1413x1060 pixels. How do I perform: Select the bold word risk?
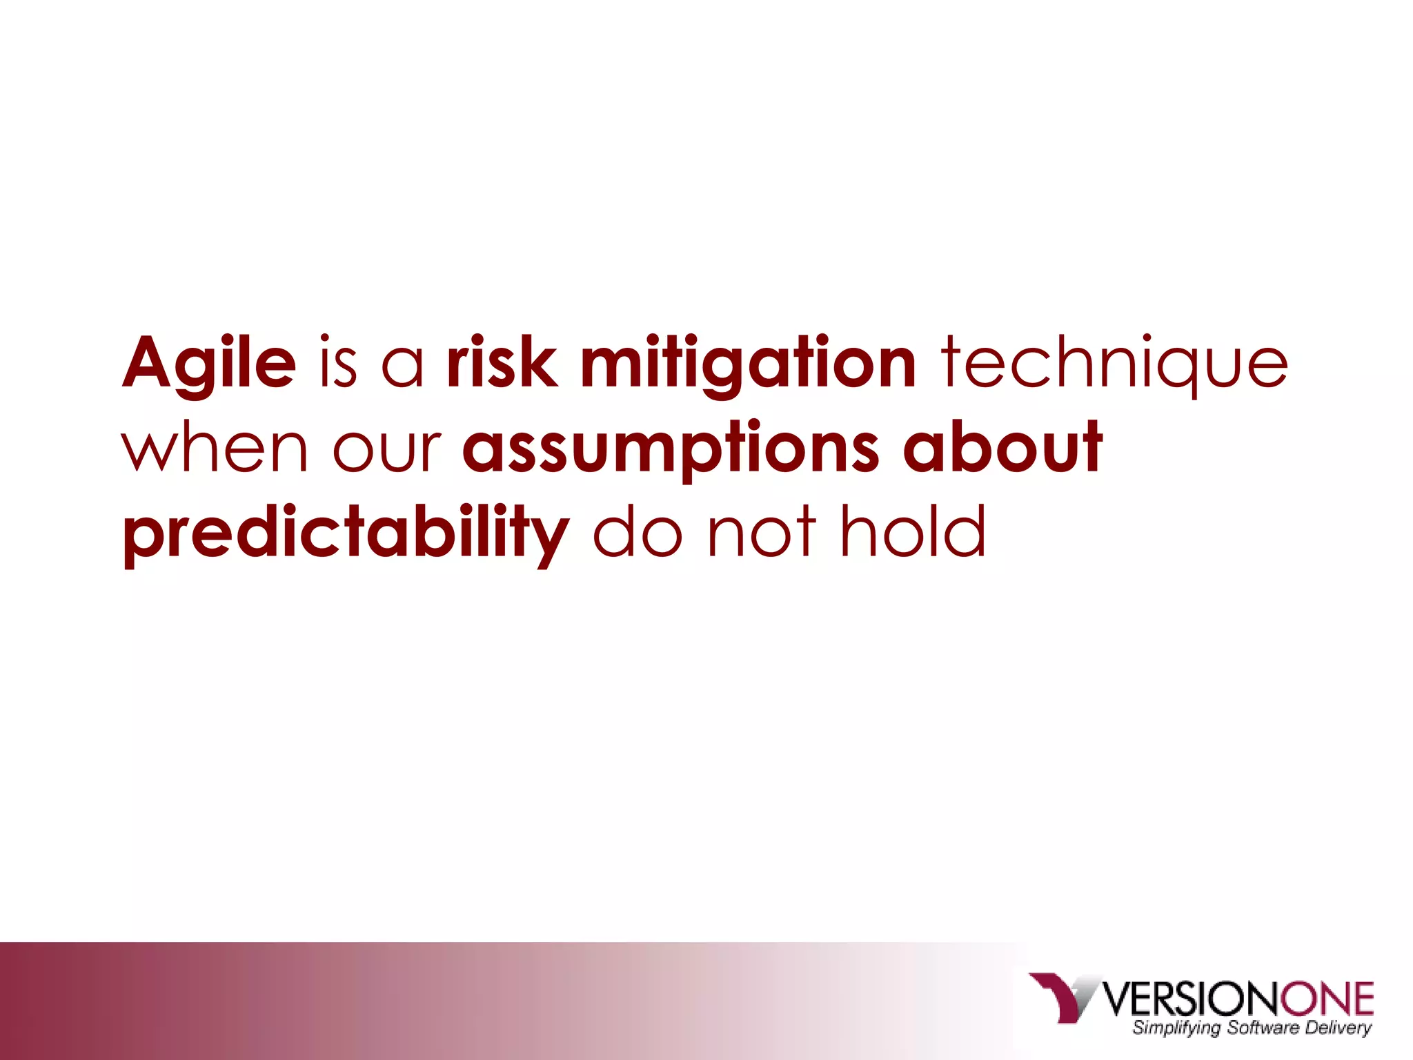(502, 362)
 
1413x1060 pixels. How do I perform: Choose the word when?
(215, 449)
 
